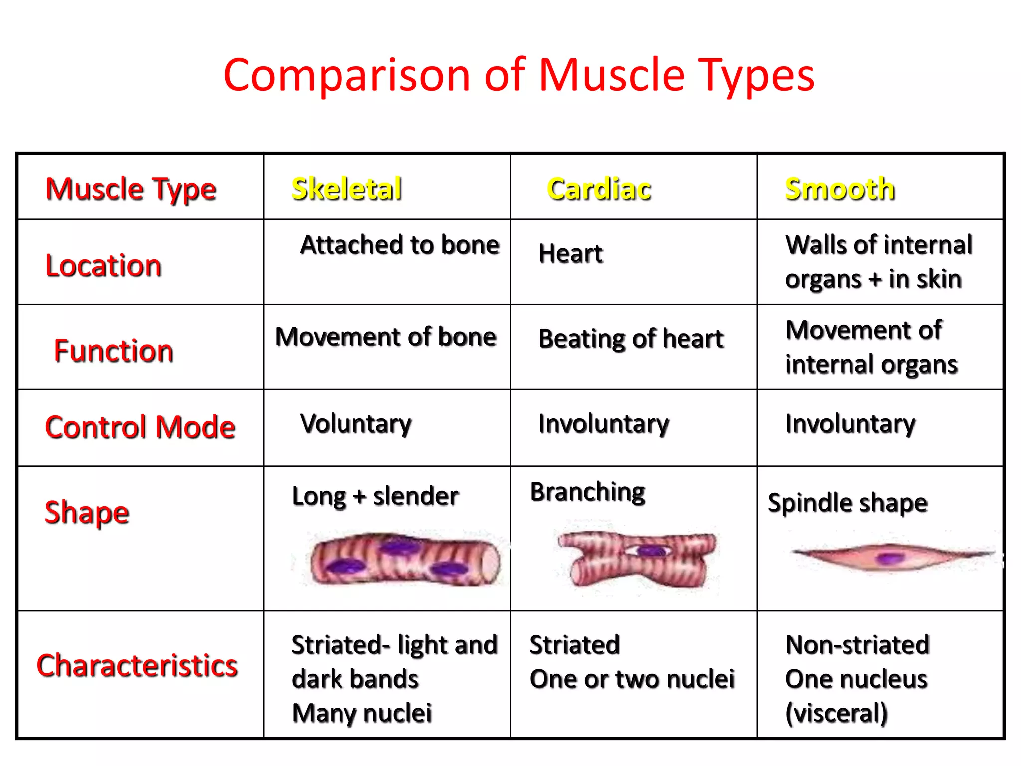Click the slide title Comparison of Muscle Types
518,76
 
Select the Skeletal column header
346,189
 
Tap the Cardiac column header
599,189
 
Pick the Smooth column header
840,189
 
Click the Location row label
103,265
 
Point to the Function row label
114,350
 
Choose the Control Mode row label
140,427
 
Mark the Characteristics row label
137,666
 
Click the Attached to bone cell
399,245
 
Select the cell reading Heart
570,253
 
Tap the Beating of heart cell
631,339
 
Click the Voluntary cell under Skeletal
355,424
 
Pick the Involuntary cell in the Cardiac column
604,424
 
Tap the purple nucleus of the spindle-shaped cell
888,558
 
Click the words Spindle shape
848,503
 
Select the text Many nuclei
361,713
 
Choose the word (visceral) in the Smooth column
836,713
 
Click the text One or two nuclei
632,679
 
